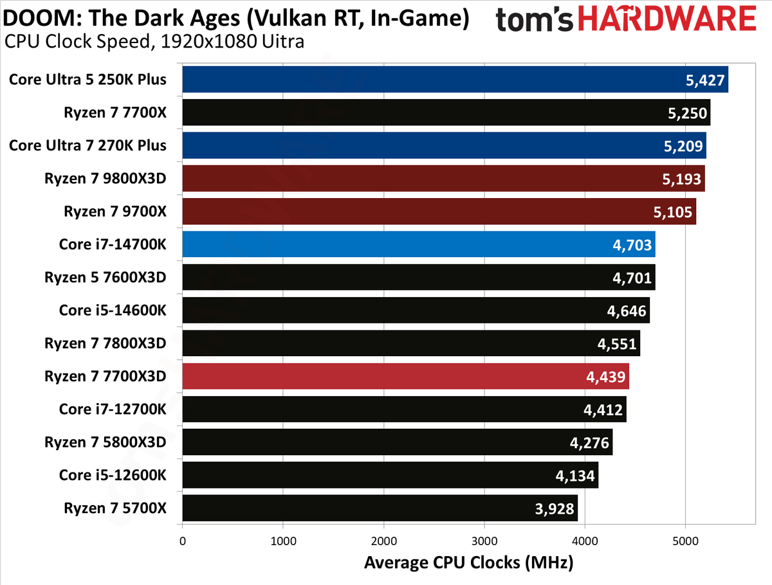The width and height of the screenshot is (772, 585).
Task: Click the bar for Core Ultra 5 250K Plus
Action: pos(455,80)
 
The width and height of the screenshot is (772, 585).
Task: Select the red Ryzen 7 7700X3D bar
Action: pos(405,376)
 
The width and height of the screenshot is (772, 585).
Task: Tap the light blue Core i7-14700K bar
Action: pos(419,244)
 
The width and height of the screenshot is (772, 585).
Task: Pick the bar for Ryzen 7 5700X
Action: pos(380,508)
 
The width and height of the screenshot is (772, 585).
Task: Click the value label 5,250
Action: pos(687,113)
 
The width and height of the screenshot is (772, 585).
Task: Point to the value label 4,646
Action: pos(627,311)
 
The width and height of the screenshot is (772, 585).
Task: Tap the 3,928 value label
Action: pos(555,509)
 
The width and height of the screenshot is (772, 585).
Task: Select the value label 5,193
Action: pos(681,179)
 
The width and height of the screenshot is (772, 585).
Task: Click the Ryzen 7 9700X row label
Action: pos(115,212)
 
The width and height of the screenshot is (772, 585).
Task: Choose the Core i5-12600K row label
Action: pos(113,475)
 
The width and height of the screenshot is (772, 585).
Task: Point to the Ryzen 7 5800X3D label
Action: pos(105,442)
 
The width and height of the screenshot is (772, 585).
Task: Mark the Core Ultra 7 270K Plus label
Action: pos(87,145)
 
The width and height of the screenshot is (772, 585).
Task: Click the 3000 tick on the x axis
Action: pos(484,541)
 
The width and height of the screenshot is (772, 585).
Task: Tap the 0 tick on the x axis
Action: pos(183,541)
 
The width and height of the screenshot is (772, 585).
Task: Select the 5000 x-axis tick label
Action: pos(686,541)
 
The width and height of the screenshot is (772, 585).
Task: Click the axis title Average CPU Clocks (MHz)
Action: pos(469,563)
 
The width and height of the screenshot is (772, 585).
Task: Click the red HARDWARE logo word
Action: pos(667,18)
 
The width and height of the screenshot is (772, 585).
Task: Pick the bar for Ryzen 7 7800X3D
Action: pos(411,343)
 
